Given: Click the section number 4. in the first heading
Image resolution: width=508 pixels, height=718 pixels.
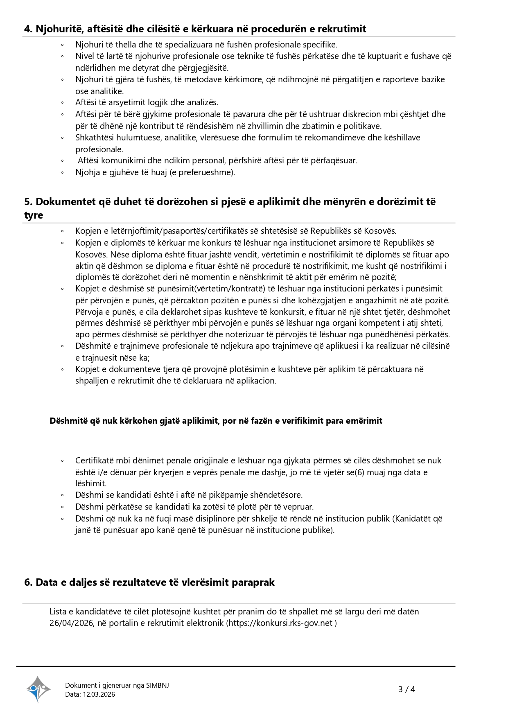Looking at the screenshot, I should (28, 29).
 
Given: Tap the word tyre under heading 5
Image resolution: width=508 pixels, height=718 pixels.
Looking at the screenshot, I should (34, 216).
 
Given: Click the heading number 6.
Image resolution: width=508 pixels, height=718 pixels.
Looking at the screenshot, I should (28, 583).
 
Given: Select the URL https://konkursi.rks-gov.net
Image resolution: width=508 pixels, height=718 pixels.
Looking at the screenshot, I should (281, 623).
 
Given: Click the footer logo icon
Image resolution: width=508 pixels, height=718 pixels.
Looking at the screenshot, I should (38, 689).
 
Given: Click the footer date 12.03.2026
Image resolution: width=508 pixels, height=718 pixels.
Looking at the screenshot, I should (99, 694).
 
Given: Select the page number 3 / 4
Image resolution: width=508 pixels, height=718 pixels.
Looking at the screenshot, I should (406, 689).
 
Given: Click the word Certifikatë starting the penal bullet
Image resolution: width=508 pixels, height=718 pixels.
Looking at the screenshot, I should (95, 461).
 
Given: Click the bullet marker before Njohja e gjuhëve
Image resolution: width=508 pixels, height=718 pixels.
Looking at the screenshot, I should (62, 173).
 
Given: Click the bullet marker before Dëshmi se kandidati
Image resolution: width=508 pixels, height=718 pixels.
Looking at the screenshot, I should (62, 495).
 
